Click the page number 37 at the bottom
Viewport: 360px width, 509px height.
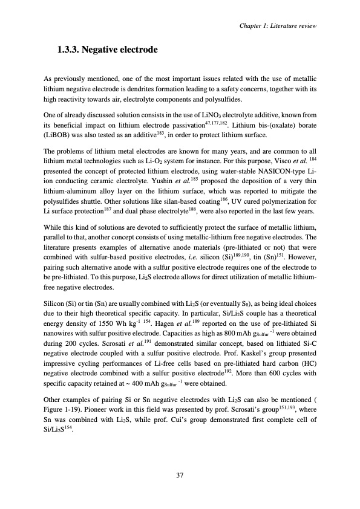[x=180, y=475]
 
